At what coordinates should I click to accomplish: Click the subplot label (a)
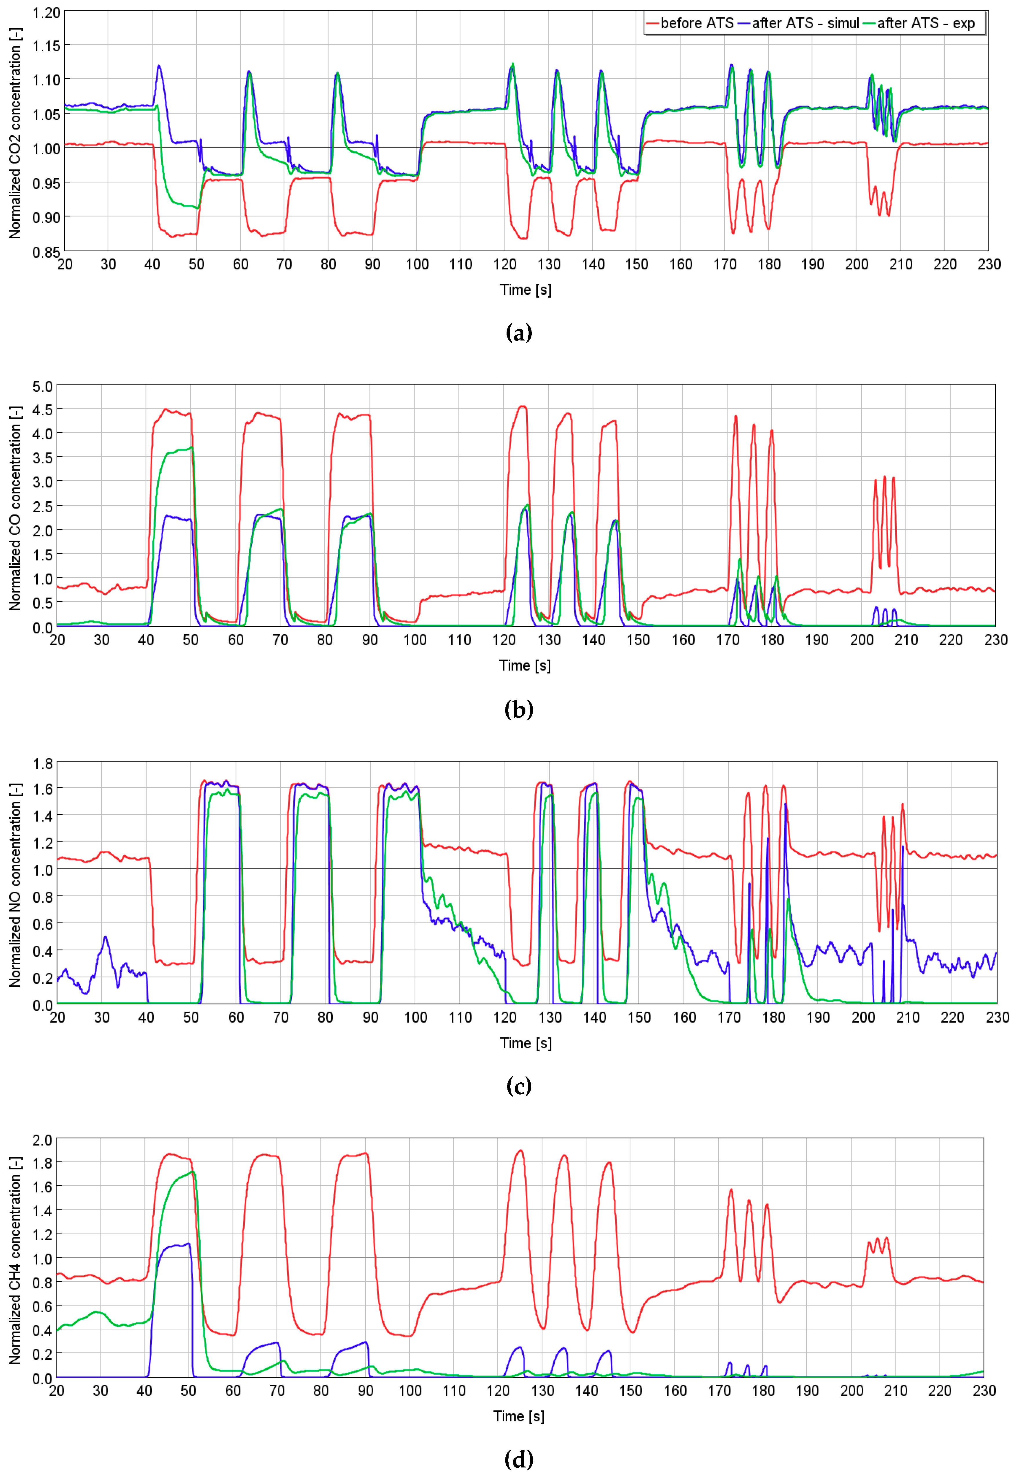coord(518,332)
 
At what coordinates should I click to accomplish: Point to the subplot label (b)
coord(518,709)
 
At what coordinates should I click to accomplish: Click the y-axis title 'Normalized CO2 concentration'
coord(14,133)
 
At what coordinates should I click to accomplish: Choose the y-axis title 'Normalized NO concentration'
coord(14,885)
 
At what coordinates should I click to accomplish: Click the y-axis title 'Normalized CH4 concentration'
coord(14,1260)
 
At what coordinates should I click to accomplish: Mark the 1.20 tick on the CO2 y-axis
coord(46,13)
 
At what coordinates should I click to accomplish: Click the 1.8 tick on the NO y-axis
coord(43,763)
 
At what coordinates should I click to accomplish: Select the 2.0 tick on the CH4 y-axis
coord(43,1140)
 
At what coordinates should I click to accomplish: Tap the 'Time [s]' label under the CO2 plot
coord(525,290)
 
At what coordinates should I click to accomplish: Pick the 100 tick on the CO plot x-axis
coord(415,640)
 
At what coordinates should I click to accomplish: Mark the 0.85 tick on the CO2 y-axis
coord(46,252)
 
